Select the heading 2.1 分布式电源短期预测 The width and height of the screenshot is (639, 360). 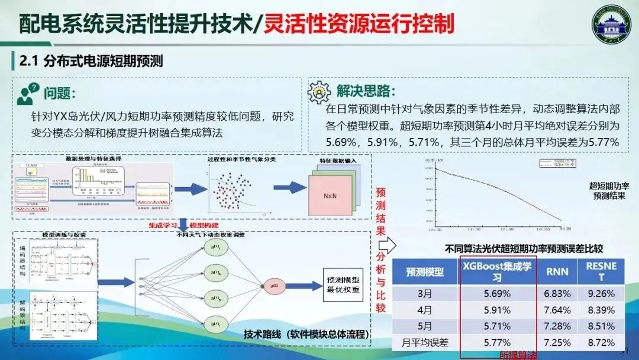[91, 61]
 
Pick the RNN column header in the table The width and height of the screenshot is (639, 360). [557, 272]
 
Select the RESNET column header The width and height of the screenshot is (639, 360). [601, 272]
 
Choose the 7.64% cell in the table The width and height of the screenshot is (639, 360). [557, 310]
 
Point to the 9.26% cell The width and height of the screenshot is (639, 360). [601, 294]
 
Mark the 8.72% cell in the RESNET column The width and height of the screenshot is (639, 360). [601, 342]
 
